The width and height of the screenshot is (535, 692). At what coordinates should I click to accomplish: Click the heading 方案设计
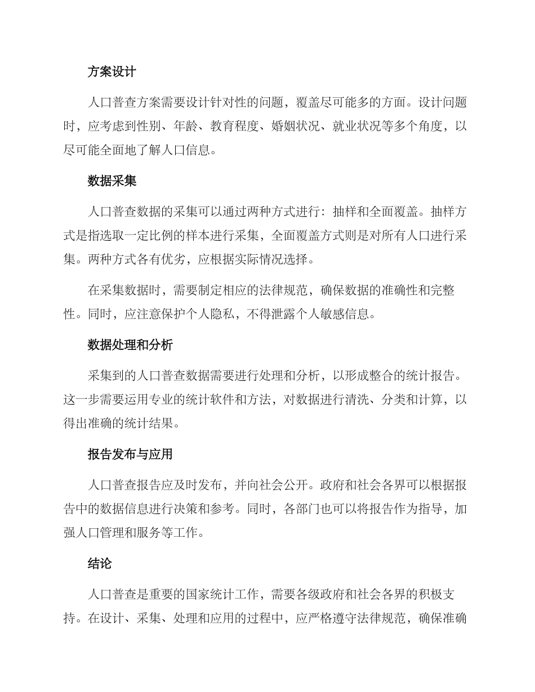pos(112,72)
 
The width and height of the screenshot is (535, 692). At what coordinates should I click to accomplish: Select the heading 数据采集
pos(112,181)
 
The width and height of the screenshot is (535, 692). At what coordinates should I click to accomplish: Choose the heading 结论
pos(99,563)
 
